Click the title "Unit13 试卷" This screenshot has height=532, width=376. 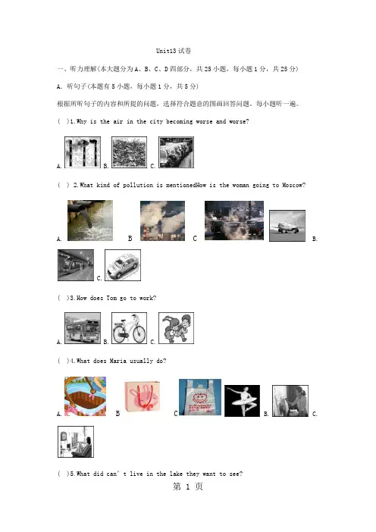tap(174, 51)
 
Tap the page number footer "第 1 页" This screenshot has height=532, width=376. tap(188, 487)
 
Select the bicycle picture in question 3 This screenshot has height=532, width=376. tap(130, 328)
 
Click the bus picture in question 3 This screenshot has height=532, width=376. tap(83, 328)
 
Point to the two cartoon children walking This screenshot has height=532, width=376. tap(176, 328)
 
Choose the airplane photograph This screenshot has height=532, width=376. tap(287, 226)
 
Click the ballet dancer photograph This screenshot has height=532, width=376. tap(242, 401)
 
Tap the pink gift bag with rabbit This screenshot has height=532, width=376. tap(143, 396)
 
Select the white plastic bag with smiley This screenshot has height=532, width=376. tap(200, 397)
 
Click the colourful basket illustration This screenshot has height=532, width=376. tap(85, 396)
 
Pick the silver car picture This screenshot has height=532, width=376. tap(123, 265)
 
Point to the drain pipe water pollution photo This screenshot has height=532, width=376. tap(90, 221)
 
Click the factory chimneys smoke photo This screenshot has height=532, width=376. tap(162, 221)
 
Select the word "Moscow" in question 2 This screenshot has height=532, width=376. tap(292, 185)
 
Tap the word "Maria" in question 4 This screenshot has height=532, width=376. tap(117, 361)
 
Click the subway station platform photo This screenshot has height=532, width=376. tap(76, 265)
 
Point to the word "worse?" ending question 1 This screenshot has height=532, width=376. tap(239, 121)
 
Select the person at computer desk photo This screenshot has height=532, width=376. tap(76, 442)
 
